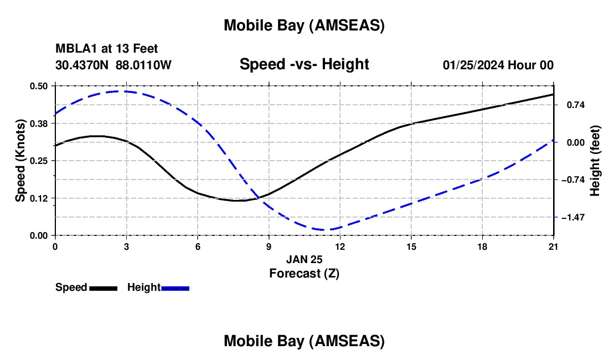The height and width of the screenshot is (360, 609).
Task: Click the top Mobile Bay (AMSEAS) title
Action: coord(304,25)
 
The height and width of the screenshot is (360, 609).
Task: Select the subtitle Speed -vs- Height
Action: coord(304,64)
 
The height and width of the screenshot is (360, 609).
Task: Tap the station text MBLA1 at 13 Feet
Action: coord(106,49)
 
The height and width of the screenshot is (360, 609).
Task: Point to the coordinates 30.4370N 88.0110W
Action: coord(113,65)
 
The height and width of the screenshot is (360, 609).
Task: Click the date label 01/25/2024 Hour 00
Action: coord(498,65)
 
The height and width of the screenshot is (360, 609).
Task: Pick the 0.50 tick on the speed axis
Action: coord(39,86)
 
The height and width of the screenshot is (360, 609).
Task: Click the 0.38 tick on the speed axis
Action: coord(39,124)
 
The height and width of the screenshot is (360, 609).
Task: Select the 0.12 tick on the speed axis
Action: coord(39,198)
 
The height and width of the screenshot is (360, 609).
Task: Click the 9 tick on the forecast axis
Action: coord(269,246)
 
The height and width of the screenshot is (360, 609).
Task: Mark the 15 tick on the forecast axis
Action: coord(411,246)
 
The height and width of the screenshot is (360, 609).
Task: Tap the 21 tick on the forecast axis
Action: coord(554,246)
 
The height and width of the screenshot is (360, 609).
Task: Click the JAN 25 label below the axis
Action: coord(304,259)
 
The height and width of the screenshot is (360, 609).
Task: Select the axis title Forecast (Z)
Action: coord(304,273)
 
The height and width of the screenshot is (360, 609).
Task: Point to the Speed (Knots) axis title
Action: coord(20,161)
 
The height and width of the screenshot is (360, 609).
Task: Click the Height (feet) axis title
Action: coord(595,161)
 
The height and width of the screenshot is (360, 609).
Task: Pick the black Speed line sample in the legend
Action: coord(103,288)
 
